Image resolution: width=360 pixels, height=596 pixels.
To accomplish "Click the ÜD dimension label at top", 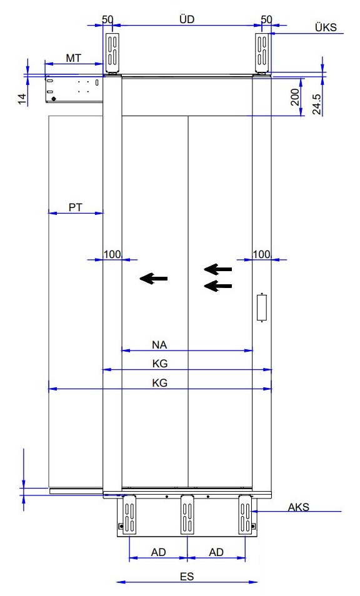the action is (187, 19).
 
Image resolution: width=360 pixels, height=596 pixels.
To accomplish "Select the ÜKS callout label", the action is (326, 27).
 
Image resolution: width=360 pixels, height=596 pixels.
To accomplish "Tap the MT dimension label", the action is (73, 58).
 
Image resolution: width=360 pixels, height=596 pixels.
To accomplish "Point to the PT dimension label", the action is (75, 207).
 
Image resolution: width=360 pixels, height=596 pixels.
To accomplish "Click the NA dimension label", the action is (159, 345).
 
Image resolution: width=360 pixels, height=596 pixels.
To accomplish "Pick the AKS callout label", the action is (298, 507).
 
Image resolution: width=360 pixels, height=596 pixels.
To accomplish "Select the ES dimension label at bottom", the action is (187, 577).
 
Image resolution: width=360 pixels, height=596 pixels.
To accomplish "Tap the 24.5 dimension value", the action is (317, 104).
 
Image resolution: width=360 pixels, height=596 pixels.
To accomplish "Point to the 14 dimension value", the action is (22, 99).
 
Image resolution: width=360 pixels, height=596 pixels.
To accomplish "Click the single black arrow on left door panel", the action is (154, 278).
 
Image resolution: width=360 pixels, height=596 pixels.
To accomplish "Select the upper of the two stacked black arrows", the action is (218, 269).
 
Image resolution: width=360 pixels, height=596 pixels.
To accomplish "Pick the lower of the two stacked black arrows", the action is (218, 286).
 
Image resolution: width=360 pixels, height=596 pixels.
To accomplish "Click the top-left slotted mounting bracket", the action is (112, 53).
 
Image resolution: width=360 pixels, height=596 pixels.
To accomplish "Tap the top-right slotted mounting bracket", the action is (262, 53).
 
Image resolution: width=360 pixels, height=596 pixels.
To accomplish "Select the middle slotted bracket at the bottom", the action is (187, 514).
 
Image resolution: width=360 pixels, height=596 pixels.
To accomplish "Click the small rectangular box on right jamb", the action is (262, 307).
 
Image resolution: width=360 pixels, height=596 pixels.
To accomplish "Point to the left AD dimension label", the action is (159, 552).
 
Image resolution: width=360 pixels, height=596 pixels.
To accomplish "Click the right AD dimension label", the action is (216, 552).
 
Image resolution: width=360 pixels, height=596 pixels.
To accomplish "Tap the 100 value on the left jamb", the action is (112, 254).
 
